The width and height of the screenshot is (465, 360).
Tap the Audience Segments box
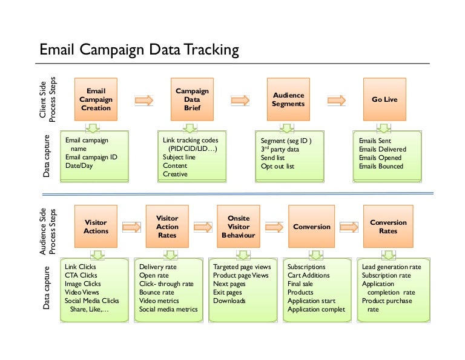tap(288, 99)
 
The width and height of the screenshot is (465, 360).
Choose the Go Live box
tap(384, 99)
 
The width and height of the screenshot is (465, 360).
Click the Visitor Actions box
tap(96, 227)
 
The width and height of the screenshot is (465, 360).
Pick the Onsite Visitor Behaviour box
tap(238, 227)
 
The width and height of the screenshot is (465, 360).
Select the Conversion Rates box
tap(388, 227)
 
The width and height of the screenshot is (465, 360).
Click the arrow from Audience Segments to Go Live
tap(336, 99)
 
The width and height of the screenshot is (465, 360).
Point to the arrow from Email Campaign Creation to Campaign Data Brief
tap(144, 99)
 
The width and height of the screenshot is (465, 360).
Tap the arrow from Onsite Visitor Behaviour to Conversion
tap(274, 227)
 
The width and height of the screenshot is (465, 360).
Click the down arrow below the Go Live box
tap(383, 128)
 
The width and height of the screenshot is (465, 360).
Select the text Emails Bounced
tap(381, 166)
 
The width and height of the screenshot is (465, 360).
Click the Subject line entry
tap(179, 158)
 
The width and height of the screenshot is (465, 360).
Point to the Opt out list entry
tap(277, 166)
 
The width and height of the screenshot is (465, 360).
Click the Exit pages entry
tap(228, 292)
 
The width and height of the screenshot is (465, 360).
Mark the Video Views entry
tap(82, 292)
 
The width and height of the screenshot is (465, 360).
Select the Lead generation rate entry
tap(391, 267)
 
